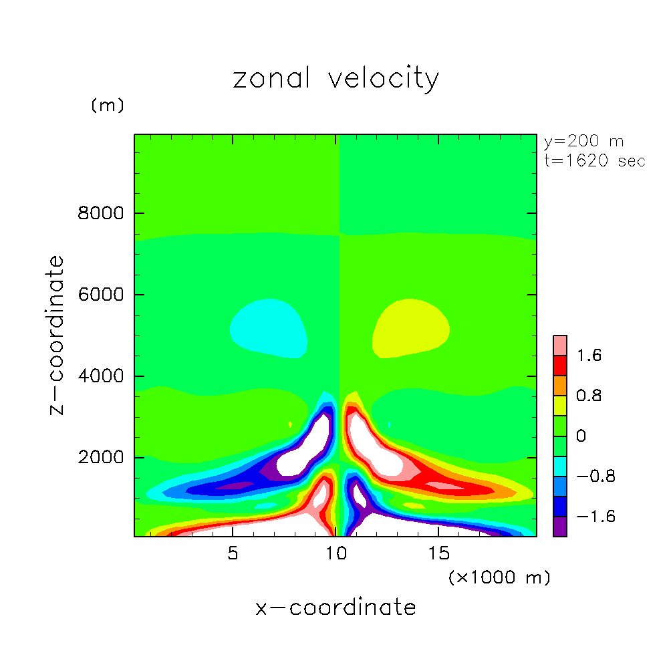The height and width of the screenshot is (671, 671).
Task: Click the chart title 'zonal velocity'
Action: coord(335,79)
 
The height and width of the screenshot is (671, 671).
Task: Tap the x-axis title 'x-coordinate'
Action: coord(335,608)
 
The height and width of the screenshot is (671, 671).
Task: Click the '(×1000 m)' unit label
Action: coord(499,577)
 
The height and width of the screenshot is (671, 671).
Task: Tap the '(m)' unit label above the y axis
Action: coord(107,106)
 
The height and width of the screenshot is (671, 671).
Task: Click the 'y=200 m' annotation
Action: coord(583,142)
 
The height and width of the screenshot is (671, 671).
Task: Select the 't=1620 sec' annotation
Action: coord(594,161)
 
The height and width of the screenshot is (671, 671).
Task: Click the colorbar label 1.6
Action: coord(589,356)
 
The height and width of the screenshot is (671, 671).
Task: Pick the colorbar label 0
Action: coord(581,436)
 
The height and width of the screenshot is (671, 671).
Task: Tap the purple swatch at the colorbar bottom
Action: coord(560,527)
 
